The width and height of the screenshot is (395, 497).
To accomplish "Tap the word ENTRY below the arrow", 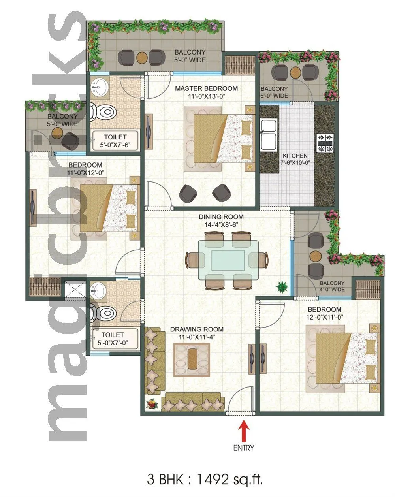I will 244,448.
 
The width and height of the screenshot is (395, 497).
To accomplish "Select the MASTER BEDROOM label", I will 207,88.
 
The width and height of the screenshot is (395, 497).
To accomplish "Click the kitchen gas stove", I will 326,143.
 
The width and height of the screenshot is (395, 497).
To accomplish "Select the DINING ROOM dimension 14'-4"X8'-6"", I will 221,224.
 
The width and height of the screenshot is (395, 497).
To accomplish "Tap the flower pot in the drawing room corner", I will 151,405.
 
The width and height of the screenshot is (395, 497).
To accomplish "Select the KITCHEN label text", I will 295,156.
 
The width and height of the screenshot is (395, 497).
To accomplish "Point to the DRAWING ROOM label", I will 197,329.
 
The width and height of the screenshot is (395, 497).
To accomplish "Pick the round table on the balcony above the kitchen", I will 295,72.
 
